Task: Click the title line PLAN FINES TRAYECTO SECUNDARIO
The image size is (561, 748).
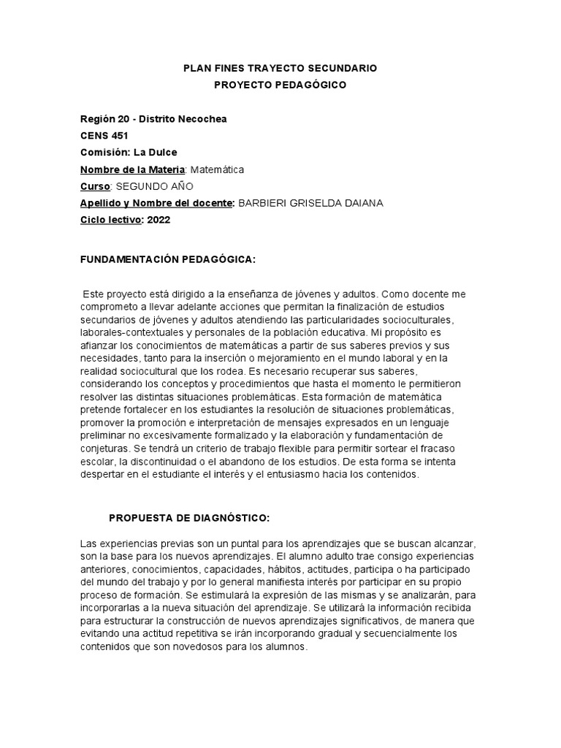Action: [x=280, y=68]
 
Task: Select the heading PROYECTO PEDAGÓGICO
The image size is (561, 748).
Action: [x=280, y=85]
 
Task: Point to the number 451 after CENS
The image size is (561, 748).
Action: [x=118, y=136]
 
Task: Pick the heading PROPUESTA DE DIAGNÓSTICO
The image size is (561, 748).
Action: [x=189, y=518]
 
